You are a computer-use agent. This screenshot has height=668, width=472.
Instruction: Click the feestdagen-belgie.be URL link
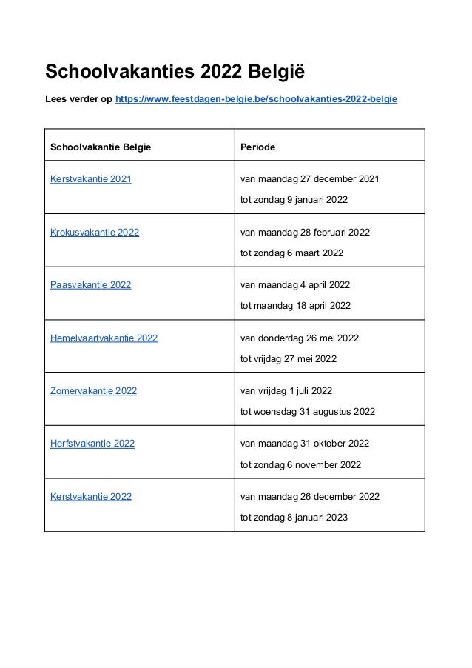(255, 98)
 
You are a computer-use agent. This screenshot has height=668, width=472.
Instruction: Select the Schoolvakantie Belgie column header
(100, 147)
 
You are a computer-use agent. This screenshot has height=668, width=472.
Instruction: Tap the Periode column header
(258, 147)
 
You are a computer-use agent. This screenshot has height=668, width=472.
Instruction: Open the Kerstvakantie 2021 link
(90, 179)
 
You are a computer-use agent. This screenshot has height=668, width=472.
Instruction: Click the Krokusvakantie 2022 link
(94, 233)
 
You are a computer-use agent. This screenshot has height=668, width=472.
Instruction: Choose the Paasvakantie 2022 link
(90, 285)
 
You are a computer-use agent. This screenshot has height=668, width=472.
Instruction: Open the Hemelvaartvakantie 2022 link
(104, 338)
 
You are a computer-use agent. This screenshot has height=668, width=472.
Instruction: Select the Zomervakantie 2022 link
(93, 391)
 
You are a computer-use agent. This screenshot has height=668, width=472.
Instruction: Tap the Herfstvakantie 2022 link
(92, 444)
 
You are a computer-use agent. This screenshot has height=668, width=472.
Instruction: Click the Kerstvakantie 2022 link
(90, 497)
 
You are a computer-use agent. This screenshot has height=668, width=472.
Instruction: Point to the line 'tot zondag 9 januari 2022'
(294, 200)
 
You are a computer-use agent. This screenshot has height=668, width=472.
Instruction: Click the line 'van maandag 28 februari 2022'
(306, 233)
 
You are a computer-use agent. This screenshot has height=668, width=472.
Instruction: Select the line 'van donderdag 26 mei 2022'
(300, 338)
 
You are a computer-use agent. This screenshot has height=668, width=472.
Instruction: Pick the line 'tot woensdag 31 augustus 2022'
(308, 412)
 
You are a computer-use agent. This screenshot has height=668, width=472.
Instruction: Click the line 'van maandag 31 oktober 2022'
(305, 444)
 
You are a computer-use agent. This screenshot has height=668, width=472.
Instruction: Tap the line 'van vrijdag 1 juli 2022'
(287, 391)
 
